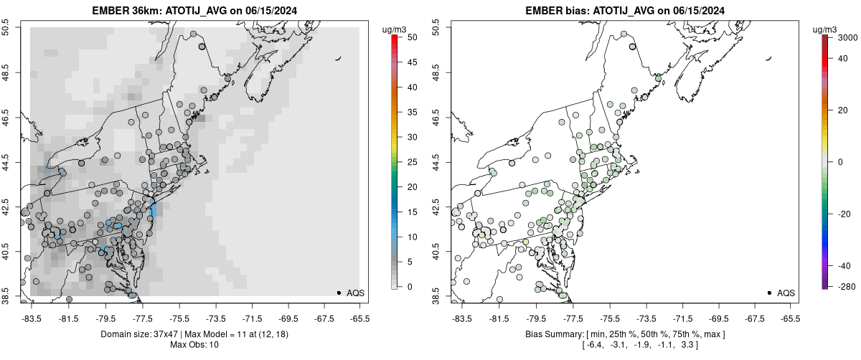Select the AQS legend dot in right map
click(x=769, y=293)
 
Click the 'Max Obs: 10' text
click(x=195, y=345)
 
